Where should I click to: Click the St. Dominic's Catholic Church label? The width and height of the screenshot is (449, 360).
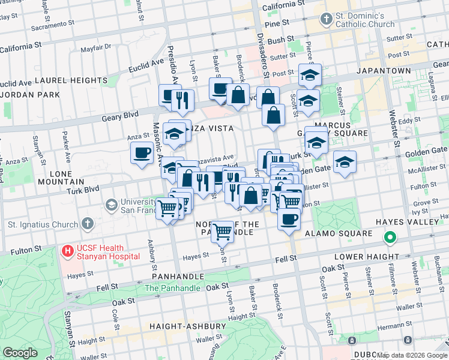[365, 20]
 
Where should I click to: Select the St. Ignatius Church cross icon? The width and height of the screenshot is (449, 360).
[88, 224]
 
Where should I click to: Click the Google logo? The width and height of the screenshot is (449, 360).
[20, 352]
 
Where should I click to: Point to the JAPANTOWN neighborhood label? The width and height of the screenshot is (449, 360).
[382, 71]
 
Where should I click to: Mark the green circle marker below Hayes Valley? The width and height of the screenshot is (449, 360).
[390, 238]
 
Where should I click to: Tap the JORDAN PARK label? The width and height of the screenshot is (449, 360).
[30, 95]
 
